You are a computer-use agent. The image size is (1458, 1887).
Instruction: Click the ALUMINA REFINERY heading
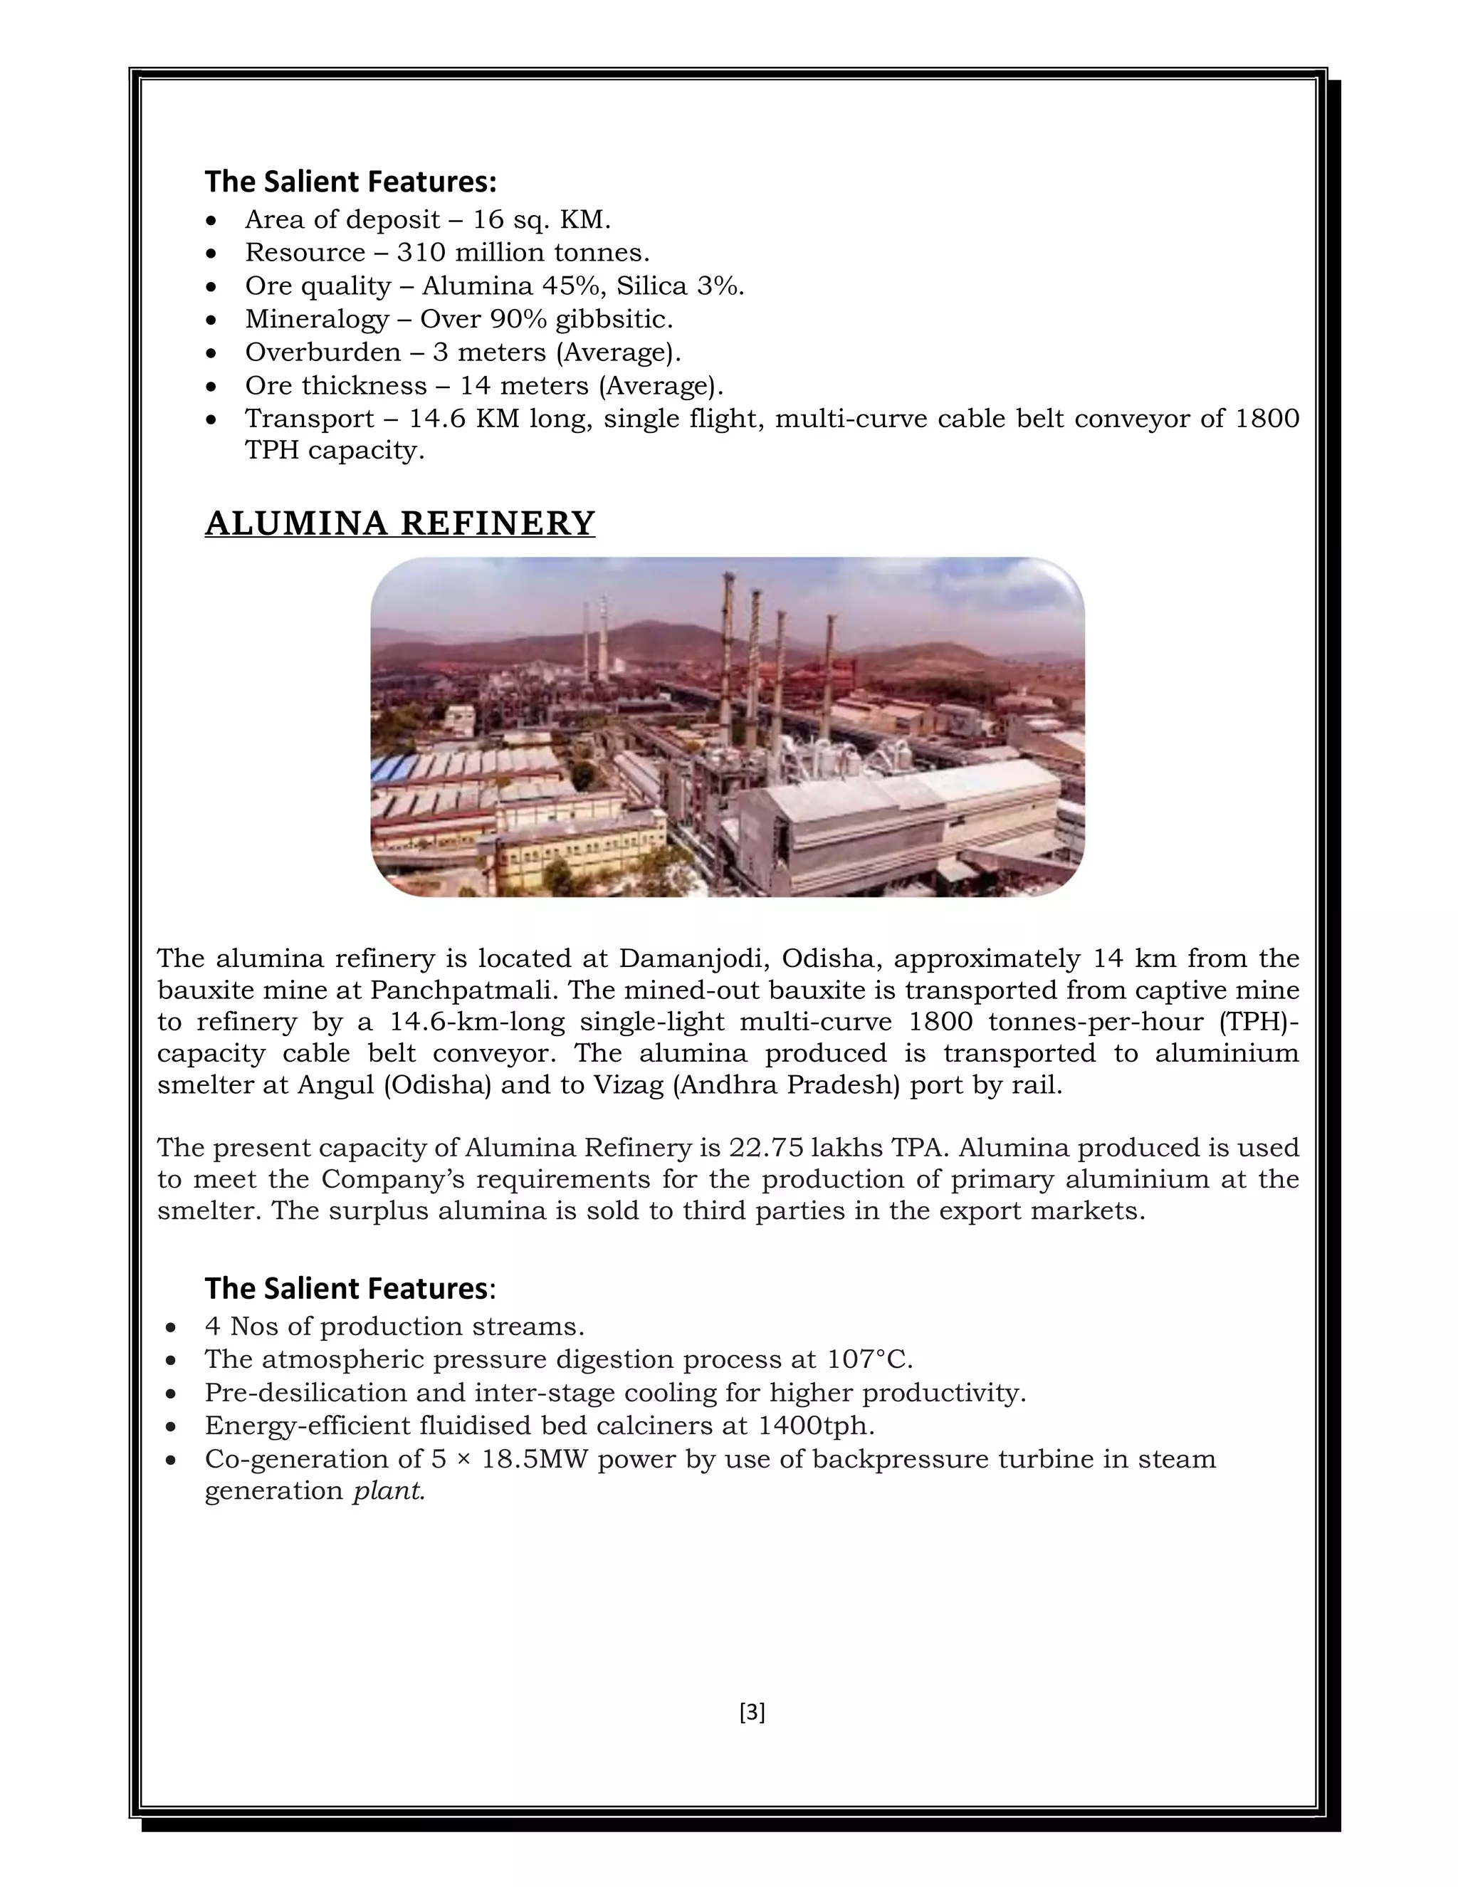pyautogui.click(x=400, y=523)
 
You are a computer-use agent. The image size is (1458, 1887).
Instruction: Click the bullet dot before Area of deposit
pyautogui.click(x=212, y=221)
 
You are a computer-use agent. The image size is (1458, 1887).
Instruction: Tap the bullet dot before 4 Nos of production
pyautogui.click(x=172, y=1328)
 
